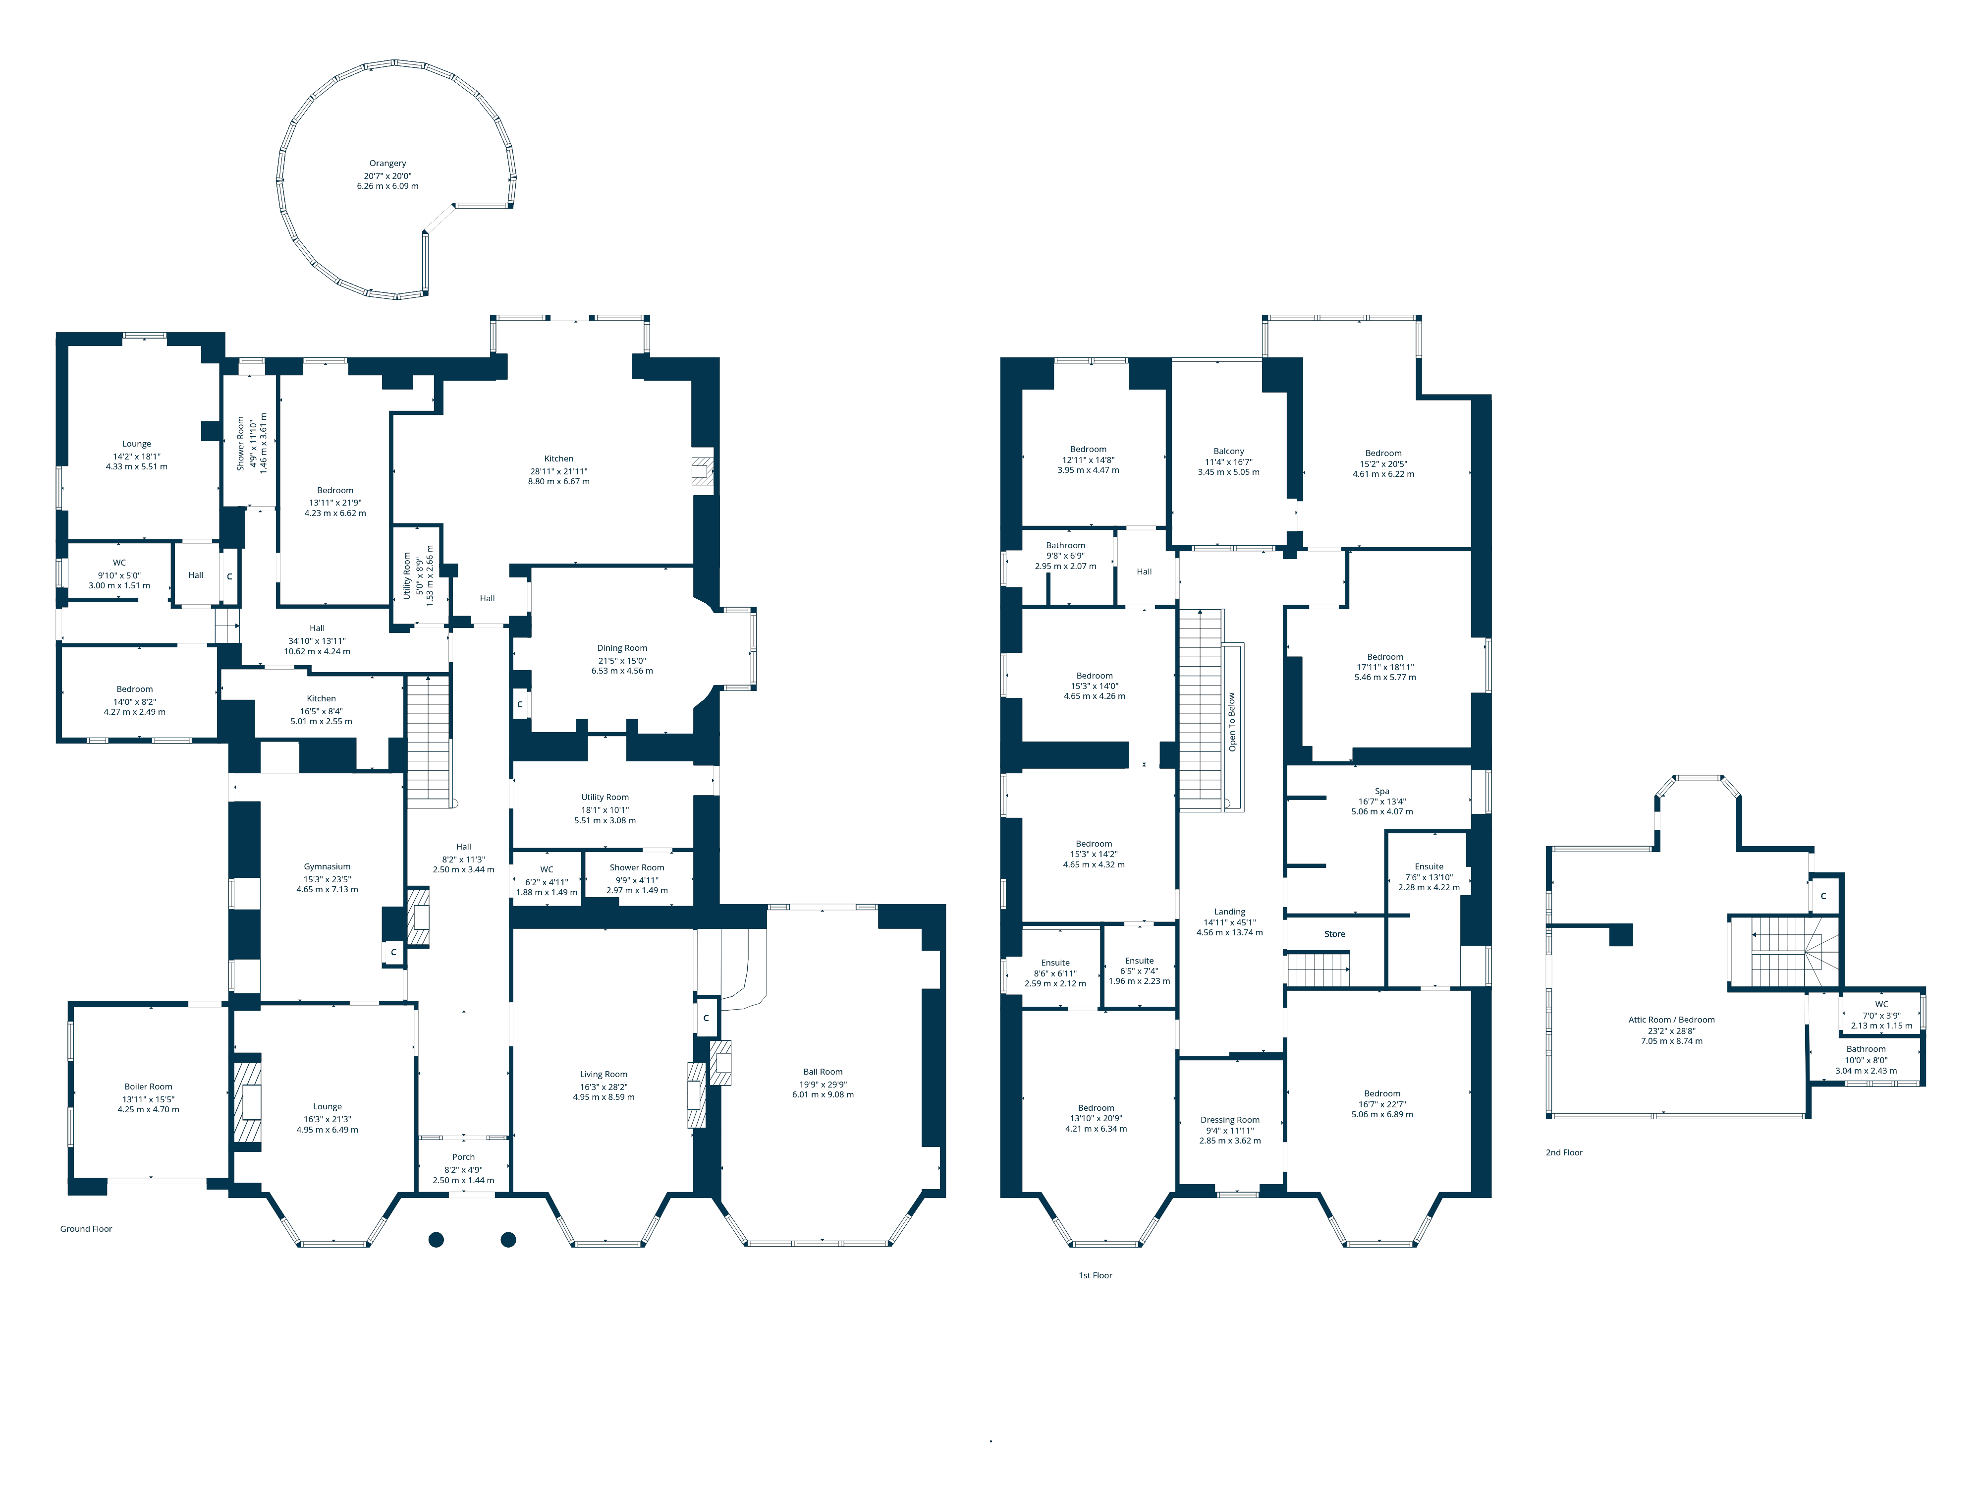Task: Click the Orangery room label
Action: coord(387,164)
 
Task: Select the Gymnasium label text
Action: coord(327,867)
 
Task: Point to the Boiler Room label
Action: coord(148,1087)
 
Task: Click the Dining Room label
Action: coord(622,648)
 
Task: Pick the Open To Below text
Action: coord(1232,722)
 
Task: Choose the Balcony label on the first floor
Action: coord(1228,452)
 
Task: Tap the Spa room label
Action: coord(1381,792)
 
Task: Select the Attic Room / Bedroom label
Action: coord(1671,1020)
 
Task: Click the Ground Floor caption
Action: coord(86,1229)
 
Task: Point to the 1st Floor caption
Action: coord(1095,1275)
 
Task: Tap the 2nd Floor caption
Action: coord(1564,1152)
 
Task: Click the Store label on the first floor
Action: coord(1334,934)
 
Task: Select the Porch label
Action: coord(463,1157)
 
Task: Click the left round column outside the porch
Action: coord(437,1240)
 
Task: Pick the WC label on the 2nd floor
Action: coord(1881,1005)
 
